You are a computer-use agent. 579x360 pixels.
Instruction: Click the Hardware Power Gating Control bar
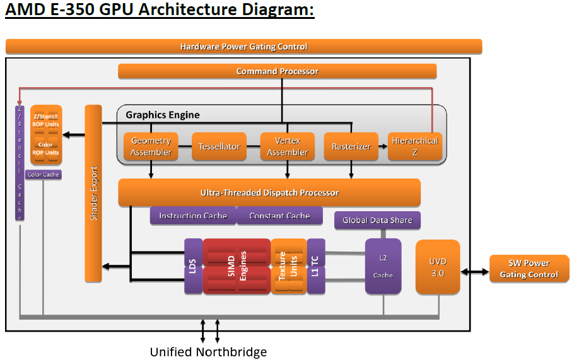coord(243,47)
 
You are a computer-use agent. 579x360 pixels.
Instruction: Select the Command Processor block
coord(277,71)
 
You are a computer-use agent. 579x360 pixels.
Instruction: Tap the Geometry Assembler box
coord(151,146)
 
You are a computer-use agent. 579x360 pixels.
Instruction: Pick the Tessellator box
coord(219,146)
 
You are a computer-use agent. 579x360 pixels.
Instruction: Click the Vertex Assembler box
coord(287,146)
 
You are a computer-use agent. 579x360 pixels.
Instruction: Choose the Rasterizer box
coord(351,146)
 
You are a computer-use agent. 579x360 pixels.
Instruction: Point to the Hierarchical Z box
coord(414,146)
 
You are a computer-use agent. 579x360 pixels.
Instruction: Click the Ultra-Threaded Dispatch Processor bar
coord(269,192)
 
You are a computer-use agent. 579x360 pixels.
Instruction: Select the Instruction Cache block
coord(192,216)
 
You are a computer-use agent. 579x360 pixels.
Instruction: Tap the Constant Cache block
coord(279,216)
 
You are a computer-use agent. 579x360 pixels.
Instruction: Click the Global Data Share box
coord(377,220)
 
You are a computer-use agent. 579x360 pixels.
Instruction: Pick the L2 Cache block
coord(383,266)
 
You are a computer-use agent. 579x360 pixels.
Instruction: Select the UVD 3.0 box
coord(438,267)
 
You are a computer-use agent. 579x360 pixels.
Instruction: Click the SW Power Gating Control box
coord(529,269)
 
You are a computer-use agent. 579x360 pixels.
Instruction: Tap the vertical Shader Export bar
coord(93,193)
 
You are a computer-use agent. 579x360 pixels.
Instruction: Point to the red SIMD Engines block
coord(236,266)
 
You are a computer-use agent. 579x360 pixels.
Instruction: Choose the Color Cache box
coord(43,175)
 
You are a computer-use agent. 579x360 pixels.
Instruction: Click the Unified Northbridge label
coord(208,352)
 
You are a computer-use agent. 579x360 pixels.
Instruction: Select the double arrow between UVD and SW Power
coord(475,272)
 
